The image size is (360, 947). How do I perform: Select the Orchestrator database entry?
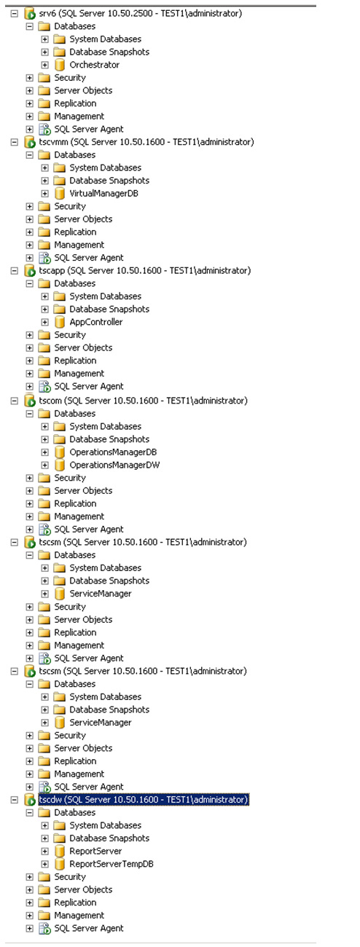(x=94, y=65)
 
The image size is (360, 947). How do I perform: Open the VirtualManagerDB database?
(x=103, y=193)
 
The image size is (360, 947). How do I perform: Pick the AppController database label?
(x=95, y=322)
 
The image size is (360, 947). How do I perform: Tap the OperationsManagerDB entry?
(x=113, y=452)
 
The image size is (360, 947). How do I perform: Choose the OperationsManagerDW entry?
(x=114, y=465)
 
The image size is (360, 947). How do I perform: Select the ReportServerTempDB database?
(x=111, y=864)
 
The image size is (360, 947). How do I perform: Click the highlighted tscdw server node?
(x=144, y=800)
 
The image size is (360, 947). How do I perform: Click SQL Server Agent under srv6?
(x=88, y=129)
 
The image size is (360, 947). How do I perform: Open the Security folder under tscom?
(x=70, y=478)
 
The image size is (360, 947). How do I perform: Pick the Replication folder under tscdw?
(x=75, y=903)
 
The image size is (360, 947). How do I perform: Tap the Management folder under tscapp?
(x=79, y=374)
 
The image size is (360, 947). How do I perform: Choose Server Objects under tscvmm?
(x=83, y=219)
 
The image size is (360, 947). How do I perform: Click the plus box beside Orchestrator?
(x=44, y=65)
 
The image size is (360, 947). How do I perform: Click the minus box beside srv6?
(x=14, y=13)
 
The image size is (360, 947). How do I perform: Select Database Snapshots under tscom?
(x=109, y=439)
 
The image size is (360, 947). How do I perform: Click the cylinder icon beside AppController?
(x=60, y=322)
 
